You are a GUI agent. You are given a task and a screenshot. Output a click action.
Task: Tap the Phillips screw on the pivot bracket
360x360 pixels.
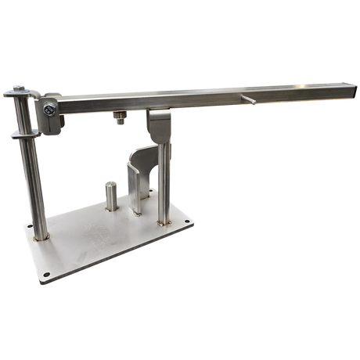(x=49, y=113)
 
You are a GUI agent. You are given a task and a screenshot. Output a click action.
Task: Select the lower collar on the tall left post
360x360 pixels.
(x=25, y=135)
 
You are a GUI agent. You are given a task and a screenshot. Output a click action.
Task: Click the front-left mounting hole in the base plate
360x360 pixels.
(x=45, y=275)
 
